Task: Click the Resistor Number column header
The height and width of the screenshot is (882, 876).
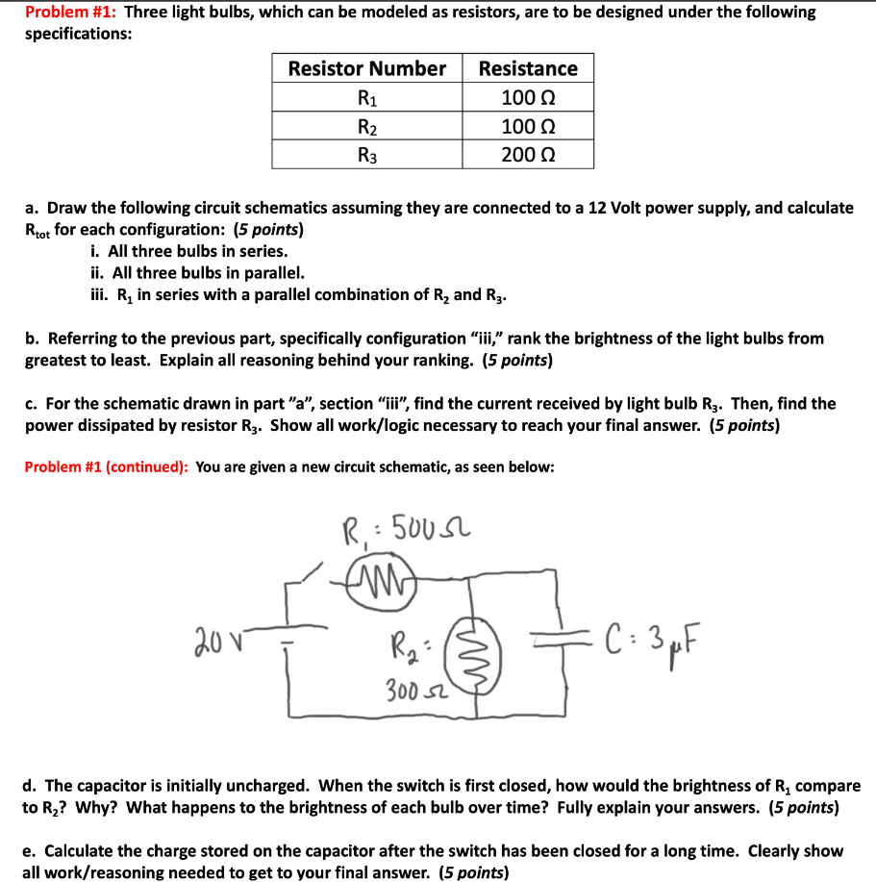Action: tap(367, 68)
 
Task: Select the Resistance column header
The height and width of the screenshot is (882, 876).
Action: tap(528, 68)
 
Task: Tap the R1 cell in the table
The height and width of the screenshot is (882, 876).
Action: tap(367, 97)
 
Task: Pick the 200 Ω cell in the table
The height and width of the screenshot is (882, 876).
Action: tap(528, 154)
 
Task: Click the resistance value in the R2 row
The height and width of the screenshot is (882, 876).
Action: tap(528, 126)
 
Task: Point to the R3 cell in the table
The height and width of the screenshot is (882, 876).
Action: tap(367, 154)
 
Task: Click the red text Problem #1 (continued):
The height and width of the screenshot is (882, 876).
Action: tap(106, 467)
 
